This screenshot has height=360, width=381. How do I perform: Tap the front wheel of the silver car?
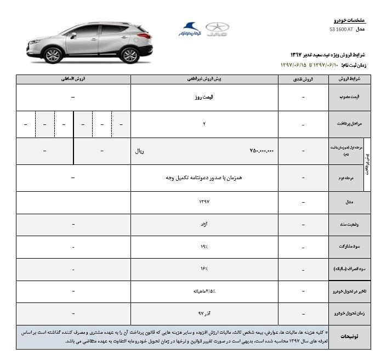[x=53, y=55]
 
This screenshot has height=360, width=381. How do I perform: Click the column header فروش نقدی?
[x=304, y=79]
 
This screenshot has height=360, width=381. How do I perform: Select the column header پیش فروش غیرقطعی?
[x=204, y=79]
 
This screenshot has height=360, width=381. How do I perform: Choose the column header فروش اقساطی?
[x=73, y=79]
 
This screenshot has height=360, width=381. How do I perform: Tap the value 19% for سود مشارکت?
[x=204, y=247]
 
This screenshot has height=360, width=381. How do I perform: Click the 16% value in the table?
[x=204, y=270]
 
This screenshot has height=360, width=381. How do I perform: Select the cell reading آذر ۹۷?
[x=204, y=314]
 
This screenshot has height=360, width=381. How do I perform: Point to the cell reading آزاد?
[x=204, y=225]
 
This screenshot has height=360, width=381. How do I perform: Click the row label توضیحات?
[x=349, y=336]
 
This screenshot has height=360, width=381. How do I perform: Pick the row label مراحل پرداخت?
[x=349, y=124]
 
